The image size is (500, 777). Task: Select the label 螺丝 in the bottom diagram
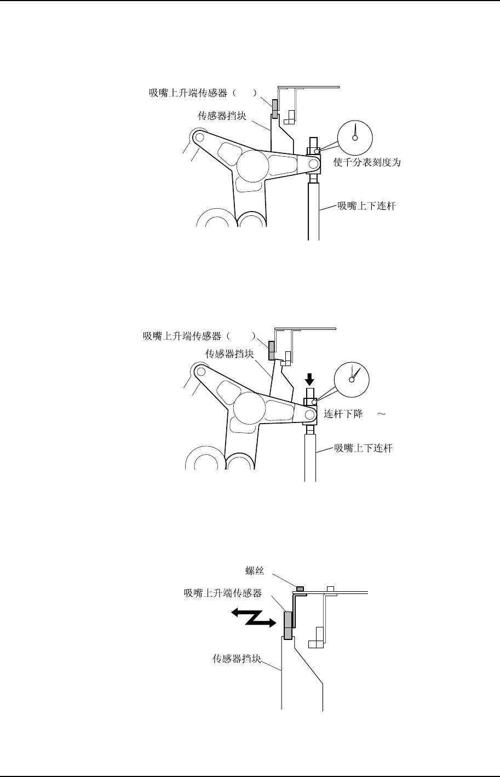(x=256, y=572)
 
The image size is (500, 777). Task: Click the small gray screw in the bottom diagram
(x=300, y=589)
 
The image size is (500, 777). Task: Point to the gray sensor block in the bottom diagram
(x=288, y=625)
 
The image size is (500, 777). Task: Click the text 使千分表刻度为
(x=367, y=163)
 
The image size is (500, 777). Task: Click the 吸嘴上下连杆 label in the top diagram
(x=366, y=206)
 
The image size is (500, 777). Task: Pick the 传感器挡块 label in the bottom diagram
(x=237, y=659)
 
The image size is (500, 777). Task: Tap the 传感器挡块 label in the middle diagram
(x=229, y=354)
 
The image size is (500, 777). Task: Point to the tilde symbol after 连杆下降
(x=382, y=414)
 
